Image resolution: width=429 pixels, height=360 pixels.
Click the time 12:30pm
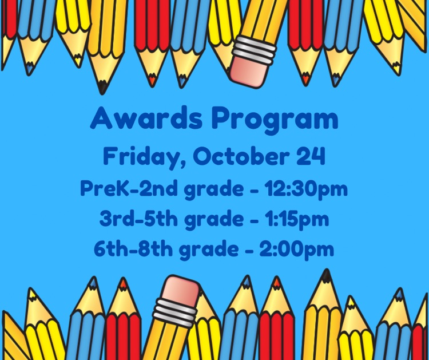pyautogui.click(x=305, y=189)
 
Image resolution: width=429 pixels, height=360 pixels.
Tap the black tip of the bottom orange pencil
pyautogui.click(x=325, y=276)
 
